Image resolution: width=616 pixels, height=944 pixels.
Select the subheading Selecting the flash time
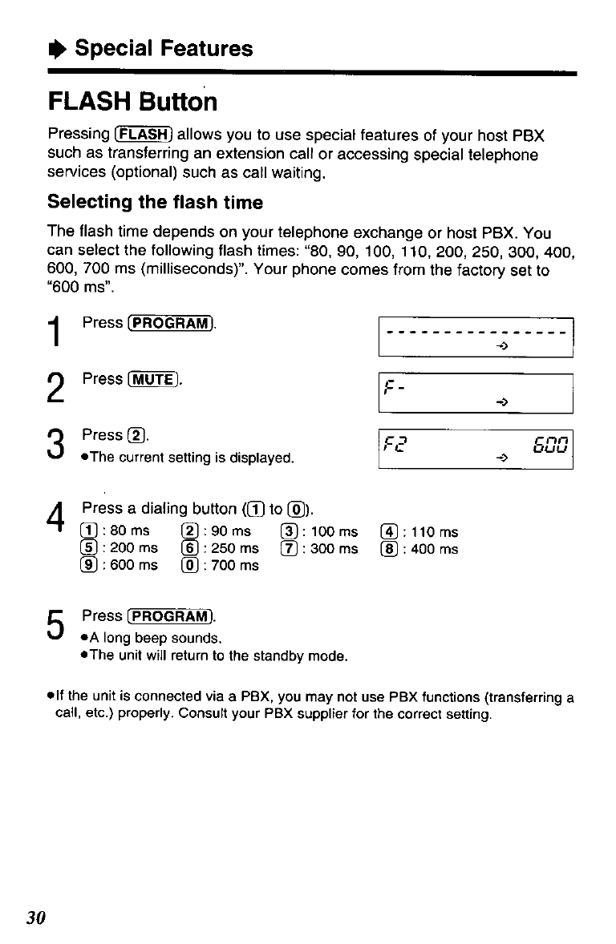tap(155, 202)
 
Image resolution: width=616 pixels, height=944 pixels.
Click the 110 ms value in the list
tap(437, 532)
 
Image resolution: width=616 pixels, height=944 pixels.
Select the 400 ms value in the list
tap(437, 549)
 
